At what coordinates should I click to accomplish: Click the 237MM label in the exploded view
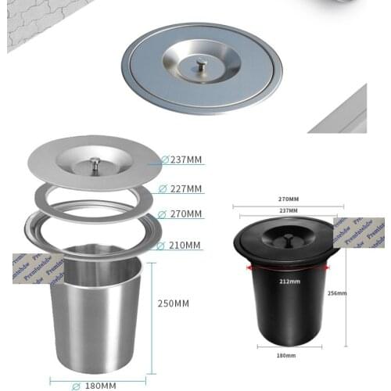coord(186,160)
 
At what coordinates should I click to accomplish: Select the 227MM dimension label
coord(186,188)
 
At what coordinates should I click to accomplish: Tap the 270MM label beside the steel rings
coord(186,213)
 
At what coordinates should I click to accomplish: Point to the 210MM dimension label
coord(186,246)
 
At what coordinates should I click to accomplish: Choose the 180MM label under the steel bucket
coord(99,385)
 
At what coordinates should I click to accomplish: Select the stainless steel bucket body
coord(95,313)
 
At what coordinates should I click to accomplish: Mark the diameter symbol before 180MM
coord(76,385)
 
